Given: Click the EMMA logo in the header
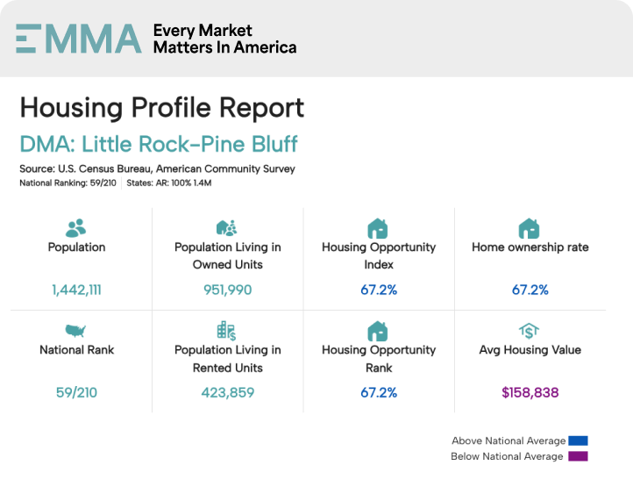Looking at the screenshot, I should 78,39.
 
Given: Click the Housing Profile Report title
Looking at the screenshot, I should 162,107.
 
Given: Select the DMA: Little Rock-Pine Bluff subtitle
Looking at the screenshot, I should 159,144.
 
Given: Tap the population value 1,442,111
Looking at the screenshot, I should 76,290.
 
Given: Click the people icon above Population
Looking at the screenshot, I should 76,228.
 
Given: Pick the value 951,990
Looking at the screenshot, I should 227,290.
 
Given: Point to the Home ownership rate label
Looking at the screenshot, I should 530,247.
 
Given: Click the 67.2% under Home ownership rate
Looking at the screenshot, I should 530,290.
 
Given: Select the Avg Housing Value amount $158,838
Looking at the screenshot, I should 530,392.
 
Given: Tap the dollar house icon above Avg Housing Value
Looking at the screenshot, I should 529,331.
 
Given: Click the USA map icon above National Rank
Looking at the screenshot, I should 76,331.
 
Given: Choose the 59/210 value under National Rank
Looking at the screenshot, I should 76,392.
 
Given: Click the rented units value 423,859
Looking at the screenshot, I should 227,392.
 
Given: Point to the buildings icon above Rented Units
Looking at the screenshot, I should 227,331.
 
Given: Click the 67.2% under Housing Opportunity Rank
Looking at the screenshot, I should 378,392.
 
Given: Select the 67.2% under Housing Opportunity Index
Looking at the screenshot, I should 378,290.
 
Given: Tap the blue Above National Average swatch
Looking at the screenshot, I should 577,440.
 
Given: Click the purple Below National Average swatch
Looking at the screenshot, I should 577,456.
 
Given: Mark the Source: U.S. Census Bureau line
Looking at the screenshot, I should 157,168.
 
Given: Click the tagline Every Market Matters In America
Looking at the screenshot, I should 224,39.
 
